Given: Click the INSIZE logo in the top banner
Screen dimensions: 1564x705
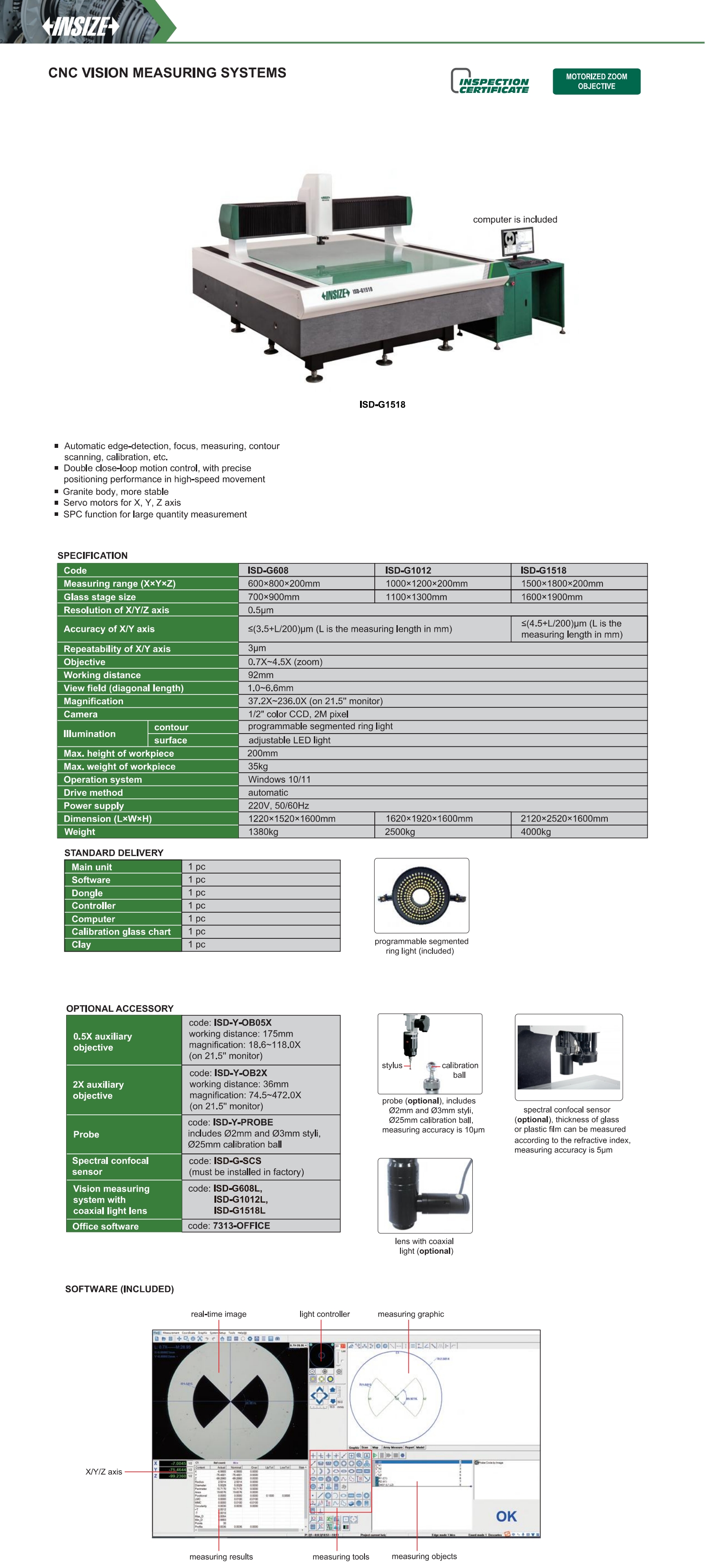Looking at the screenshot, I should [x=80, y=26].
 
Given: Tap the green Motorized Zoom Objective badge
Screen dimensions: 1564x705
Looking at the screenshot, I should [x=596, y=81].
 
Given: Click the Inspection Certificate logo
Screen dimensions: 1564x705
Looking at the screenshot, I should [x=490, y=82].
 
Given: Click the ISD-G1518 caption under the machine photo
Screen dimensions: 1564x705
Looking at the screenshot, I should [x=382, y=404].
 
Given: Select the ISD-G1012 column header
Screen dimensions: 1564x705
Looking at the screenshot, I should [x=408, y=570].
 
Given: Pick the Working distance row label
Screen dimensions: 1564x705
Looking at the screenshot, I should [x=102, y=675].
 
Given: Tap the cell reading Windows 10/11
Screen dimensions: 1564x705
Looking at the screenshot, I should [x=279, y=780].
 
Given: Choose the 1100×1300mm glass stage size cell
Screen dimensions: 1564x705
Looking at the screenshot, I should [x=416, y=597].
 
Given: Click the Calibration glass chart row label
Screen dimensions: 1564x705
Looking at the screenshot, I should [x=121, y=931].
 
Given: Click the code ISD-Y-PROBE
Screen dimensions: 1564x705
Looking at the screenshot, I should [x=243, y=1122].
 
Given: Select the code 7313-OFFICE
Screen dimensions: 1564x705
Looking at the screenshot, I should [x=241, y=1225].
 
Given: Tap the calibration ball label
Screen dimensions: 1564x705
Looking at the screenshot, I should [x=459, y=1070].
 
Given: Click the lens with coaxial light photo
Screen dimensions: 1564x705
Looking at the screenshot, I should [x=425, y=1195].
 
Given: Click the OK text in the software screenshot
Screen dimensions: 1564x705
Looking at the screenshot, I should [x=506, y=1516].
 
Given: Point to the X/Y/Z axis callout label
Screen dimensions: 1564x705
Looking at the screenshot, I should [x=104, y=1472].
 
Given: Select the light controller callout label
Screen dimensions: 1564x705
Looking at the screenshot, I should [x=324, y=1314].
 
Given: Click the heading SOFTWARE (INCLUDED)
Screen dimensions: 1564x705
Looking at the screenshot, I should [x=119, y=1289].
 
